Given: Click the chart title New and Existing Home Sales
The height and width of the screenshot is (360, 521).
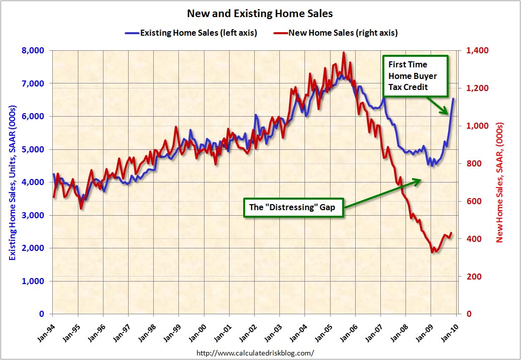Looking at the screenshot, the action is coord(260,14).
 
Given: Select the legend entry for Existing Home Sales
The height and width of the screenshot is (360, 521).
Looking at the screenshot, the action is coord(191,33).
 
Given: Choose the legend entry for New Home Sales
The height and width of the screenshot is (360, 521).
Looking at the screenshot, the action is coord(335,33).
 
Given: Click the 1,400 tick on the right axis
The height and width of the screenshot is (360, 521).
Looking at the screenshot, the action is coord(477,50).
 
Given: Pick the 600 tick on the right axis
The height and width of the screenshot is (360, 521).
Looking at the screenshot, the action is coord(473,201).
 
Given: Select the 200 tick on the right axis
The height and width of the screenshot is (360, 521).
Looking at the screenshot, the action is coord(473,277).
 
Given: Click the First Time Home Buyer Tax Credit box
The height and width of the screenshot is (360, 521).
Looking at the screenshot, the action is coord(415,76).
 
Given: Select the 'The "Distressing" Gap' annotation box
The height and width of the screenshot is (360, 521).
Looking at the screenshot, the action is coord(294,208).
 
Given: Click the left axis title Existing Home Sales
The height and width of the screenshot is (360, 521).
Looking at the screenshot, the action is coord(12,183).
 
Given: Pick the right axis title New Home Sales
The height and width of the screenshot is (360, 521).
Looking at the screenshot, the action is coord(499,183).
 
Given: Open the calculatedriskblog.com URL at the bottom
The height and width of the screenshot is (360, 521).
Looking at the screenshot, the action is coord(255,352).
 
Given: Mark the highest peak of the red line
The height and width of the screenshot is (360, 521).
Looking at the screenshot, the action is coord(344,52).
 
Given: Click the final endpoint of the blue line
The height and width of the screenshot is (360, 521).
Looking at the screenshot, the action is coord(453,99).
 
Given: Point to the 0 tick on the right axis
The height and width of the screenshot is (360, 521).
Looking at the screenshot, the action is coord(469,314).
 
